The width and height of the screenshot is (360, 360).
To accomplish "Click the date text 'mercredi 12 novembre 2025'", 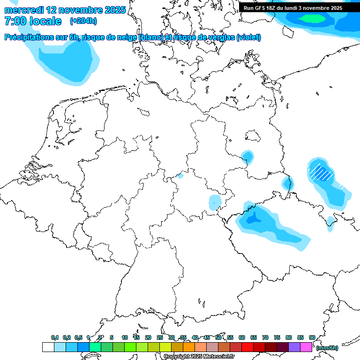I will [65, 10].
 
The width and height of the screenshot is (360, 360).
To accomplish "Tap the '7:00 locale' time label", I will [33, 21].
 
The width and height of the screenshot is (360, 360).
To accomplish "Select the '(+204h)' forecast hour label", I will [84, 21].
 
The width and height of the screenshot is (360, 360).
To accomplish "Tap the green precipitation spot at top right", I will [313, 18].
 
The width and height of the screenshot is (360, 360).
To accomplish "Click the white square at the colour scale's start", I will [48, 347].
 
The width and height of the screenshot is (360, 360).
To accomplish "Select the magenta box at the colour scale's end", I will [306, 347].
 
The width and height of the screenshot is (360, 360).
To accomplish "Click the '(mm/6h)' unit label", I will [327, 348].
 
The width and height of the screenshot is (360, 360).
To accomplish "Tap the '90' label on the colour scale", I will [312, 337].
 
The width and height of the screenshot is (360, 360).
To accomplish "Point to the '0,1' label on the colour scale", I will [55, 337].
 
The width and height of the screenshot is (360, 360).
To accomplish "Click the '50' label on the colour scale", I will [218, 337].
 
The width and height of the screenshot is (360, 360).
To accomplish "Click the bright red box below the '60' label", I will [247, 347].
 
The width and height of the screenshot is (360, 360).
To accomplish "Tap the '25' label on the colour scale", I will [160, 337].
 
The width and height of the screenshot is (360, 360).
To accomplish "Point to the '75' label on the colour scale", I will [277, 337].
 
